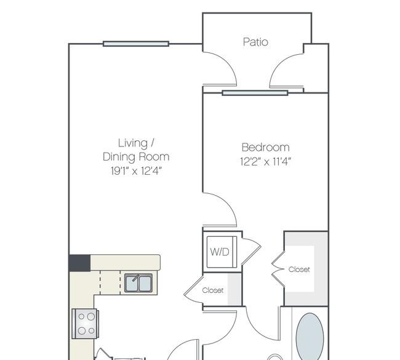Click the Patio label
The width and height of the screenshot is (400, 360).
pyautogui.click(x=255, y=42)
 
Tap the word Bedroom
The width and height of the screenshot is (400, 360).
pyautogui.click(x=266, y=148)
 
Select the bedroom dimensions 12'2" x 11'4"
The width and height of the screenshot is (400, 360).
pyautogui.click(x=266, y=161)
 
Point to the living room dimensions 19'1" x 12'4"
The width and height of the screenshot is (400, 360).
pyautogui.click(x=137, y=170)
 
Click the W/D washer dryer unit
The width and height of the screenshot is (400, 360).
pyautogui.click(x=222, y=252)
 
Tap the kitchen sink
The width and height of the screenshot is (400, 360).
pyautogui.click(x=138, y=283)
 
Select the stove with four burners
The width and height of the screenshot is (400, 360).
pyautogui.click(x=85, y=324)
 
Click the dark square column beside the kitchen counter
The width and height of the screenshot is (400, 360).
pyautogui.click(x=79, y=263)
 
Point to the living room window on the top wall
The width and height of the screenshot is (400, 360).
pyautogui.click(x=136, y=44)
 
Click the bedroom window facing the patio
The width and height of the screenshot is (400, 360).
pyautogui.click(x=255, y=93)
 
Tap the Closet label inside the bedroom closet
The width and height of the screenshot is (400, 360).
pyautogui.click(x=299, y=270)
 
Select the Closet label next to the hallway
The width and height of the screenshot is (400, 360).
pyautogui.click(x=213, y=290)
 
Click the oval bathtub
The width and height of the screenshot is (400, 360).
pyautogui.click(x=310, y=337)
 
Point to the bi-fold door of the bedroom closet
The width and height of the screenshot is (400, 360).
pyautogui.click(x=278, y=269)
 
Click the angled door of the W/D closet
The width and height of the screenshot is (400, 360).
pyautogui.click(x=251, y=251)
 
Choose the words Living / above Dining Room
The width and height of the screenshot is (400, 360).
pyautogui.click(x=136, y=143)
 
